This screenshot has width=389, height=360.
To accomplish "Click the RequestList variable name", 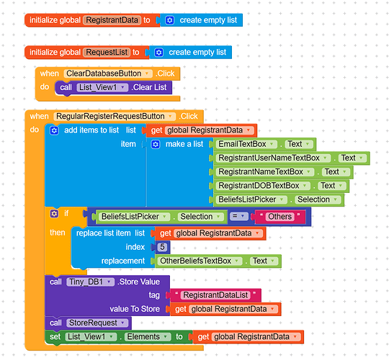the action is [107, 53].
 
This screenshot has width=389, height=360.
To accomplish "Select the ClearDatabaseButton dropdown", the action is [108, 73].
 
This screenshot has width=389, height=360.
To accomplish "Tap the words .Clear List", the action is [149, 87].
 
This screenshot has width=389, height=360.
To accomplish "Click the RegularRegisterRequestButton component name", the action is [115, 117].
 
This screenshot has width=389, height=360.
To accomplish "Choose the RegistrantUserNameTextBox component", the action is [273, 158].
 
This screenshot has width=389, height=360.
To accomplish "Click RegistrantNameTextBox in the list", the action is [264, 172].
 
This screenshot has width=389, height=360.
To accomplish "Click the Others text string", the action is [280, 217].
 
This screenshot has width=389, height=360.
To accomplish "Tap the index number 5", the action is [162, 247].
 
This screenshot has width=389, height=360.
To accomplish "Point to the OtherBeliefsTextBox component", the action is [200, 261].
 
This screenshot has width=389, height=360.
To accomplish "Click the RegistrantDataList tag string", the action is [215, 295].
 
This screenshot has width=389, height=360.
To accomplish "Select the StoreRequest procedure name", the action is [97, 323].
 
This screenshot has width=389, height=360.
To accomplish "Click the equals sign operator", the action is [238, 217].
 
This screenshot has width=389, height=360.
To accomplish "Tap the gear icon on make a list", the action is [156, 144].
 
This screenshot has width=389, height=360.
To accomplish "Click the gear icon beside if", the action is [54, 213].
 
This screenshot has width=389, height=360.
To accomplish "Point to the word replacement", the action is [123, 261].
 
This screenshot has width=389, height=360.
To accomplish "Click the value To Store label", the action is [135, 309].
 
